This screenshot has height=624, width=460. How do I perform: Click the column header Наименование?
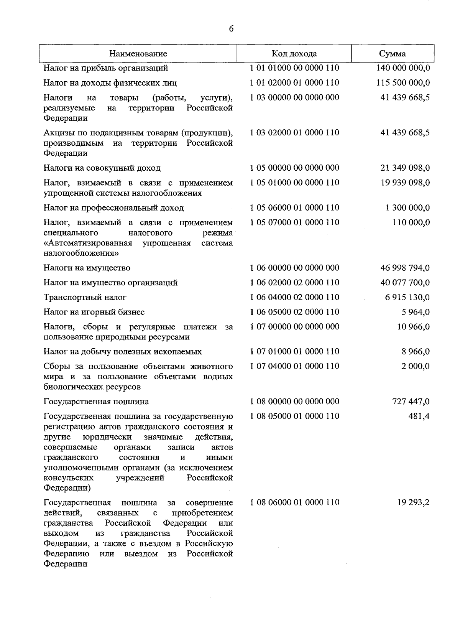pos(138,54)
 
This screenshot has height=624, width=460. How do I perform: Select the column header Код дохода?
pos(294,54)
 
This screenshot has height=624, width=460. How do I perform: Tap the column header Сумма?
pos(392,54)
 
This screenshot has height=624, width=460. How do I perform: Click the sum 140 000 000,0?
pos(403,68)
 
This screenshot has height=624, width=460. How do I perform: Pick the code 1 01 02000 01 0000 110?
pos(294,83)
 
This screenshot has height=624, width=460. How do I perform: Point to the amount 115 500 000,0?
pos(403,83)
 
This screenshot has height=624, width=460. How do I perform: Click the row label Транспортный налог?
pos(85,297)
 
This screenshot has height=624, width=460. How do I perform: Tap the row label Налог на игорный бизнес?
pos(94,312)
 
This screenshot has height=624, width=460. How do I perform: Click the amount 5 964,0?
pos(416,312)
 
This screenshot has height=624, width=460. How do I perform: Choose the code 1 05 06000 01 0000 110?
pos(294,208)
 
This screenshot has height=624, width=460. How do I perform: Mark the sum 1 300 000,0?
pos(407,208)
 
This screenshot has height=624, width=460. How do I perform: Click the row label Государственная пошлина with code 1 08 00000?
pos(96,402)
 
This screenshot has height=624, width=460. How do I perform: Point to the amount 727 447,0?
pos(411,402)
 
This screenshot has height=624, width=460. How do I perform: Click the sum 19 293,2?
pos(414,502)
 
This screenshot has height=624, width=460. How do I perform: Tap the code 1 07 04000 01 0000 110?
pos(294,366)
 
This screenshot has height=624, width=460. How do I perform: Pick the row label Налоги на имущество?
pos(87,268)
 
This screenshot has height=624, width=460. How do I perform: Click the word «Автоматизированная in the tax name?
pos(88,243)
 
